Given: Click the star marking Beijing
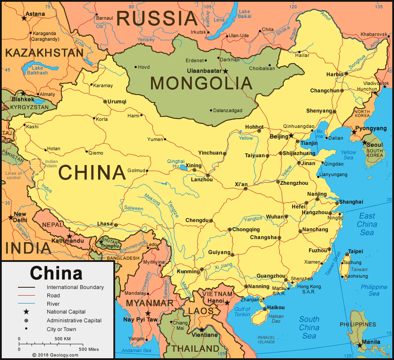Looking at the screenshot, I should [x=292, y=136].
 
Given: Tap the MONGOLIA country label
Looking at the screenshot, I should [x=201, y=83].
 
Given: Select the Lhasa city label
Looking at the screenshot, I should [x=105, y=224].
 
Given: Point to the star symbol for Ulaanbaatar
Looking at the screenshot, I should [x=226, y=71].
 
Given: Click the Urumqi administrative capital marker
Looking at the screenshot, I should [x=105, y=102].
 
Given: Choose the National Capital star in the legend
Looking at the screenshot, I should [x=26, y=312].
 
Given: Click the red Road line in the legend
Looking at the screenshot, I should [x=26, y=296].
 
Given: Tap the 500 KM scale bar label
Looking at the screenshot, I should [x=63, y=339].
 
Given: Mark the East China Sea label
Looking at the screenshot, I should [x=367, y=224].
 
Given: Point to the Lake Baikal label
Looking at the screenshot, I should [x=244, y=14].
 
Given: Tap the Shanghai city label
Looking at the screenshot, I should [x=351, y=202].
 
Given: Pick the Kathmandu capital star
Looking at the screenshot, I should [x=69, y=236].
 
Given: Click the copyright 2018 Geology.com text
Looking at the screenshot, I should [x=55, y=355].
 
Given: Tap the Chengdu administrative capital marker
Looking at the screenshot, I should [x=211, y=221].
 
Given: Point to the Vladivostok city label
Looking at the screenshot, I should [x=376, y=83].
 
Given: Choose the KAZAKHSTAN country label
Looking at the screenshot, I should [x=44, y=53].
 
